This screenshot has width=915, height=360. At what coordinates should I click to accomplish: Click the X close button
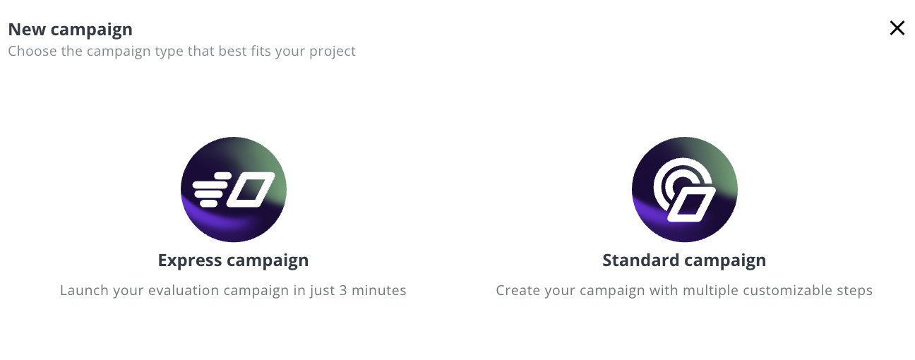(x=897, y=28)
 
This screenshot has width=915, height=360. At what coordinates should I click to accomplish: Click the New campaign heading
(x=71, y=30)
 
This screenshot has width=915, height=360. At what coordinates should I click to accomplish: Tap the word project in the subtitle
(x=332, y=52)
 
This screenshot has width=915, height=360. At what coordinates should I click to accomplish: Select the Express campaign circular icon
(x=234, y=190)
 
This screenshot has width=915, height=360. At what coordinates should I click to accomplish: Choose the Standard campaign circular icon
(x=685, y=190)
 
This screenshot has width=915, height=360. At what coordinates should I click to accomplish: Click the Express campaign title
(x=233, y=260)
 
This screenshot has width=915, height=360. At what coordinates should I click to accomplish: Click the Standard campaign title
(x=684, y=260)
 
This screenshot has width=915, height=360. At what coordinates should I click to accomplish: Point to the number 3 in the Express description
(x=343, y=291)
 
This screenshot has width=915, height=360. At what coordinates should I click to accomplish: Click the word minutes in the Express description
(x=379, y=290)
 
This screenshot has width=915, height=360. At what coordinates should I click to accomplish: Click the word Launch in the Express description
(x=85, y=290)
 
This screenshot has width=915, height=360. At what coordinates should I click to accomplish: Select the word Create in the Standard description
(x=518, y=290)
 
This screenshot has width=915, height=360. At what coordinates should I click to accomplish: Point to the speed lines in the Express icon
(x=211, y=190)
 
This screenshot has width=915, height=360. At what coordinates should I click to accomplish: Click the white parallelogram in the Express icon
(x=251, y=190)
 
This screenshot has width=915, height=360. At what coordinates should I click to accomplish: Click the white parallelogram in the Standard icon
(x=692, y=205)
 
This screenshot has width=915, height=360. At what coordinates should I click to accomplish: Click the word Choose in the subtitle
(x=32, y=51)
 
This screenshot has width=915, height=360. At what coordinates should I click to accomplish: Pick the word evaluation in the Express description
(x=184, y=290)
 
